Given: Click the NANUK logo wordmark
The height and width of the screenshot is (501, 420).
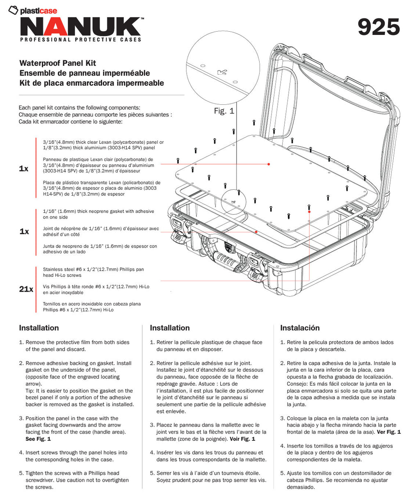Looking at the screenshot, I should click(80, 27).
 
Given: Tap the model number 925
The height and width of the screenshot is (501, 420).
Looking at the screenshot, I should click(378, 27).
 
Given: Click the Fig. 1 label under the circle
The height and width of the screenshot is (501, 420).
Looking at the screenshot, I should click(224, 111).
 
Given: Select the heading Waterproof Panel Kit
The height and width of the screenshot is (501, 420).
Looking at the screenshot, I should click(57, 63).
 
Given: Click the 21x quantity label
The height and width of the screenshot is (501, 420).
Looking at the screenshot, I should click(26, 290).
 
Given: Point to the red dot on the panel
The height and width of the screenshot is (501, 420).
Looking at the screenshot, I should click(269, 164).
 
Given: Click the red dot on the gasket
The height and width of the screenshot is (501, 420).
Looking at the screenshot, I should click(256, 232).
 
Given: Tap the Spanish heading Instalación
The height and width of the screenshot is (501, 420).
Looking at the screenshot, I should click(299, 328).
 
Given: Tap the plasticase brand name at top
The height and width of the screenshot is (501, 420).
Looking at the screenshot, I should click(38, 11).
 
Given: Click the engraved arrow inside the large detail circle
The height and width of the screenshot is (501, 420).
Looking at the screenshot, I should click(222, 73).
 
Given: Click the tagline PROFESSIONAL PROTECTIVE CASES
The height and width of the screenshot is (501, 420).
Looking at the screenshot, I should click(80, 40).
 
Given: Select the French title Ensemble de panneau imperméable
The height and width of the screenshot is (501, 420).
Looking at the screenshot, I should click(84, 73).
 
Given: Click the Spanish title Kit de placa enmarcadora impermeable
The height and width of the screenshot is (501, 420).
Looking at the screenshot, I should click(91, 83).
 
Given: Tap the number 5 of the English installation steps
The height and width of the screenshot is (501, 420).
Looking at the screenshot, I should click(21, 473).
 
